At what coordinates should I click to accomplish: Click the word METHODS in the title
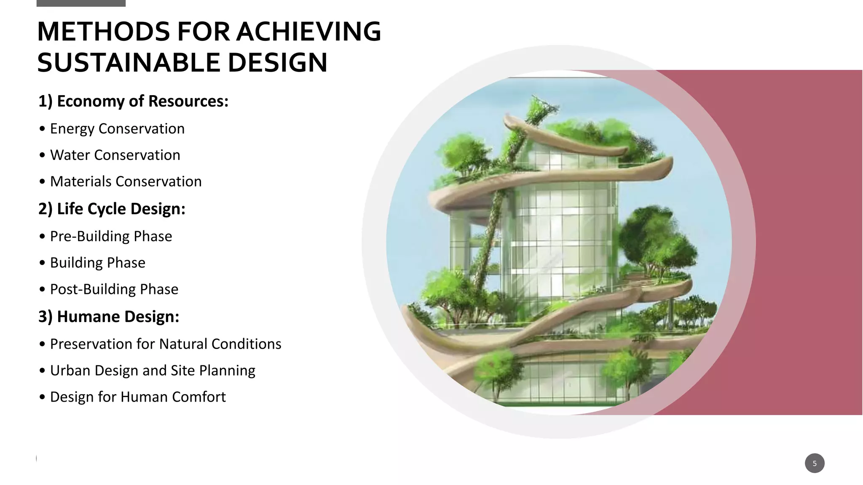tap(103, 32)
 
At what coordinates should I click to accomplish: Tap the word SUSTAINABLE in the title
tap(128, 63)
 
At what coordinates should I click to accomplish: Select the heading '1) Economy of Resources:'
tap(133, 101)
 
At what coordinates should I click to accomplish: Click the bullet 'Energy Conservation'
tap(117, 129)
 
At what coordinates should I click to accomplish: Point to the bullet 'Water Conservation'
tap(115, 155)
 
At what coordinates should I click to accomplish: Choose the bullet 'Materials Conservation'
tap(126, 181)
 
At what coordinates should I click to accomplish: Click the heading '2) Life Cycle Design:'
tap(112, 209)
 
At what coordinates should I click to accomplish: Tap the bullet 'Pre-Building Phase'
tap(111, 236)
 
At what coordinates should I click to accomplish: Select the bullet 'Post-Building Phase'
tap(114, 289)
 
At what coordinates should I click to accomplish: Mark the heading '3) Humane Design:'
tap(109, 317)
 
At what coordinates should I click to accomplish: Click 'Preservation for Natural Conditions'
tap(165, 344)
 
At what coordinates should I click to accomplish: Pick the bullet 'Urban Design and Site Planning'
tap(153, 370)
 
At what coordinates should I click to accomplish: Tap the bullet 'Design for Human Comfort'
tap(138, 397)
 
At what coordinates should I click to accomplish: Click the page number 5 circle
tap(814, 463)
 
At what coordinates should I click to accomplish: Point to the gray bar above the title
tap(81, 3)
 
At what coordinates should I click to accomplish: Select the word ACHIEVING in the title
tap(308, 32)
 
